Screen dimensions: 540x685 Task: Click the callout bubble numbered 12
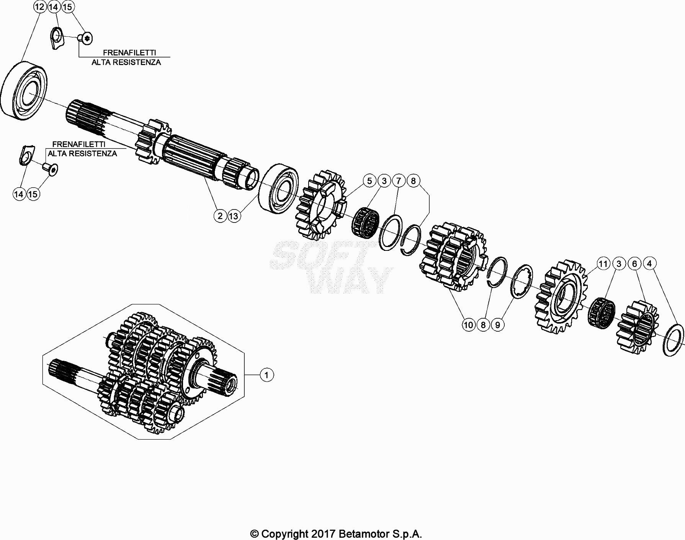point(39,7)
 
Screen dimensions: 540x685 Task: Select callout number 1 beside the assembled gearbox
point(266,375)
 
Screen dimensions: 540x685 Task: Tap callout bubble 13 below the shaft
point(234,216)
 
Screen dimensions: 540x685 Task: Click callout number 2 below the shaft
point(220,216)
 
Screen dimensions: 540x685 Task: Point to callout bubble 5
point(369,181)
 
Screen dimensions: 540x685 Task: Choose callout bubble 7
point(399,181)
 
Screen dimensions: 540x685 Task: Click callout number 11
point(603,264)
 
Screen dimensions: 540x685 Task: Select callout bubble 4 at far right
point(649,263)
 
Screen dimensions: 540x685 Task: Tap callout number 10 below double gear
point(468,325)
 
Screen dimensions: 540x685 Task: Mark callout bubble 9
point(497,325)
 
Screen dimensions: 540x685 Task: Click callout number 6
point(634,264)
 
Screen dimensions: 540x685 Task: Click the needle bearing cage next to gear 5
point(365,222)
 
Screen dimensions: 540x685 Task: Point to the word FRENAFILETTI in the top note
point(129,52)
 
